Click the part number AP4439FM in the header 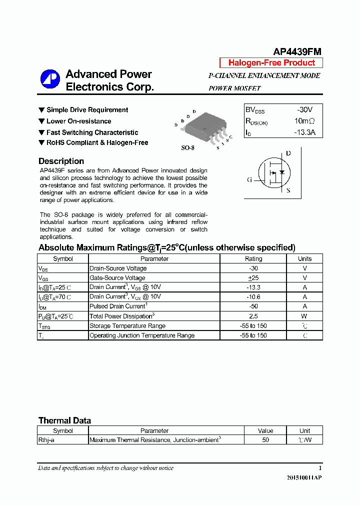tap(297, 52)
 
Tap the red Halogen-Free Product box tap(271, 63)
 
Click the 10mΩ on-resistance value tap(304, 121)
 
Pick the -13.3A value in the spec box tap(305, 132)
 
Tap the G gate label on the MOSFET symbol tap(249, 180)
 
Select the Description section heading tap(61, 161)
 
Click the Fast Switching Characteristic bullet tap(92, 132)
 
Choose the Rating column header tap(253, 259)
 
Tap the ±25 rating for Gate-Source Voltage tap(253, 278)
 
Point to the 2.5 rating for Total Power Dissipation tap(253, 316)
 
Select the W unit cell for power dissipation tap(304, 316)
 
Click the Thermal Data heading tap(64, 420)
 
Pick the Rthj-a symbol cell tap(46, 440)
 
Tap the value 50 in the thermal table tap(265, 440)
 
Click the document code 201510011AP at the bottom tap(304, 478)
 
